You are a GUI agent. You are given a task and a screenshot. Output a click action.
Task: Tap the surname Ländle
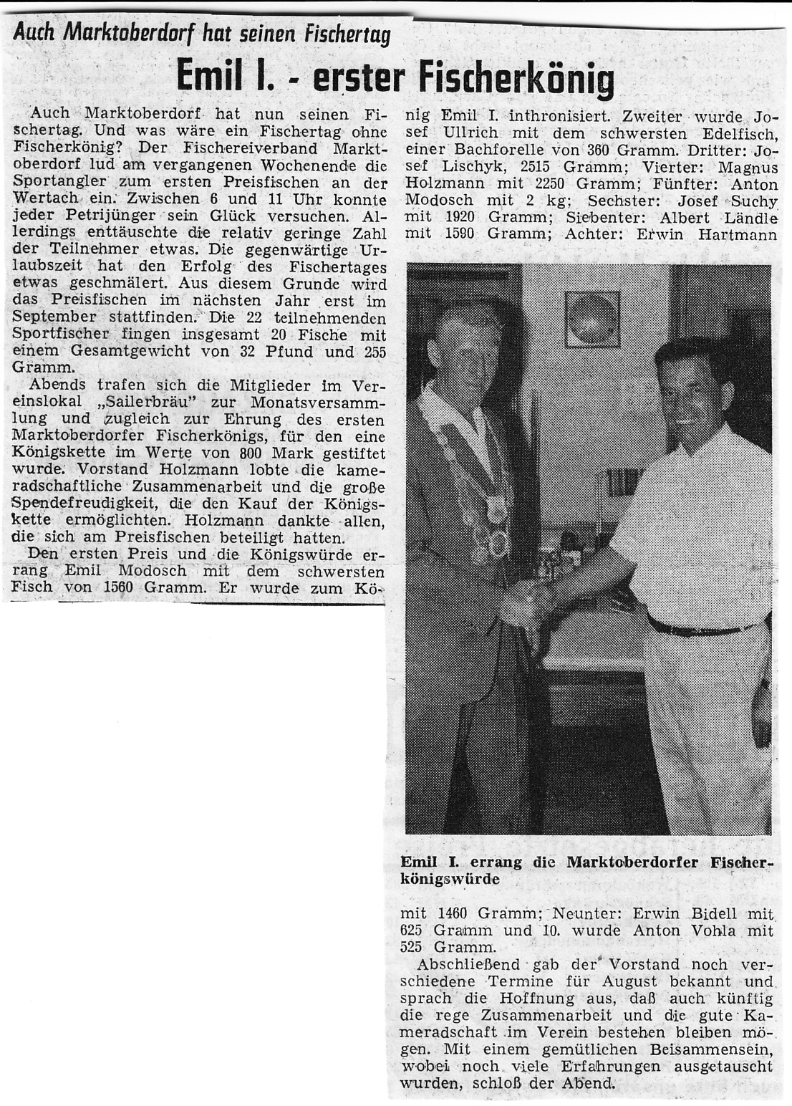[749, 220]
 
